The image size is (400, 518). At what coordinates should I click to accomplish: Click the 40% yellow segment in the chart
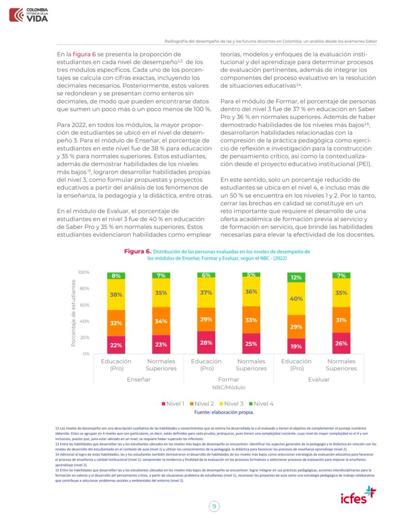coord(296,299)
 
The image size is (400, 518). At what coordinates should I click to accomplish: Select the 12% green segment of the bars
coord(296,278)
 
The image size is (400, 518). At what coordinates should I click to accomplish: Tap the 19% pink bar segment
coord(296,346)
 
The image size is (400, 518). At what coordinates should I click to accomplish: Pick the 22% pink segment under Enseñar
coord(116,345)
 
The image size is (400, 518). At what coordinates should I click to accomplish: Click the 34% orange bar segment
coord(161,321)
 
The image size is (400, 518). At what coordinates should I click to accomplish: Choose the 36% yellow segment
coord(251,292)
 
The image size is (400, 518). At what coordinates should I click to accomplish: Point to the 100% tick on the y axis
coord(84,272)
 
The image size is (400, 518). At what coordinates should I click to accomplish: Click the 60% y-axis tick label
coord(85,305)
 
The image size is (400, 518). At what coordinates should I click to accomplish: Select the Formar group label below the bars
coord(229,380)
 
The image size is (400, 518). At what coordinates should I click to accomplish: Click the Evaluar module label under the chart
coord(319,380)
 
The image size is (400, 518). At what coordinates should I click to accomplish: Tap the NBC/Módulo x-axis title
coord(229,387)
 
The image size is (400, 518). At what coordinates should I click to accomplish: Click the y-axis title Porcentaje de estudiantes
coord(73,313)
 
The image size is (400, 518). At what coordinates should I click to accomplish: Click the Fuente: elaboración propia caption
coord(224,413)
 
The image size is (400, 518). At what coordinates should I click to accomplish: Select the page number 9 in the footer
coord(213,506)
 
